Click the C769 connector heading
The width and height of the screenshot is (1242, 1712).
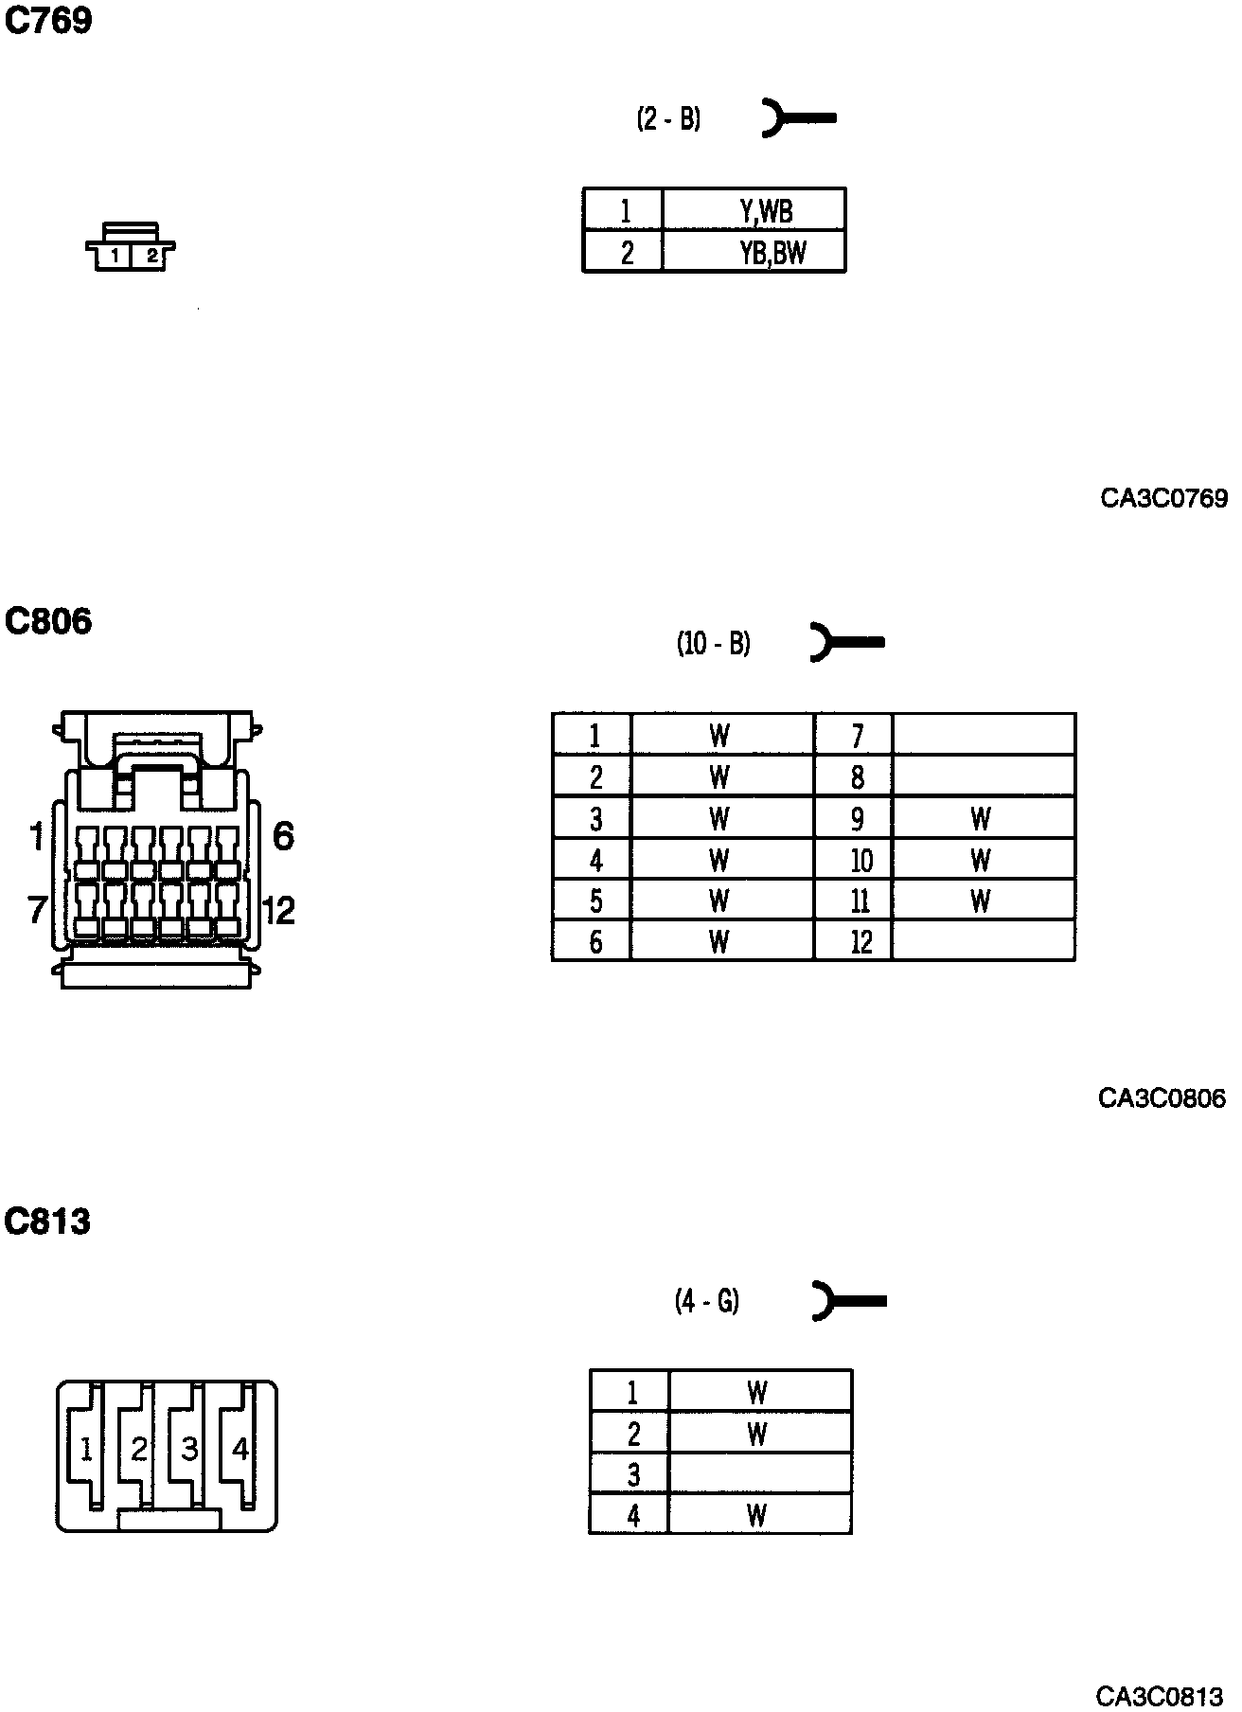(48, 20)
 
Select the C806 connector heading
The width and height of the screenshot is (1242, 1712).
(48, 621)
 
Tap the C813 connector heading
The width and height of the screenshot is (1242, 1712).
(47, 1222)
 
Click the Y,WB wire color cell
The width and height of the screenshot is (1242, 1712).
(754, 210)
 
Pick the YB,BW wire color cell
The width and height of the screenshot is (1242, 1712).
(754, 253)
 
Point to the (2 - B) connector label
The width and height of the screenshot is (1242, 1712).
(668, 119)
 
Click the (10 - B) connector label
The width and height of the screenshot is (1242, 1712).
(713, 644)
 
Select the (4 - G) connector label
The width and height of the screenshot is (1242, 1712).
(706, 1301)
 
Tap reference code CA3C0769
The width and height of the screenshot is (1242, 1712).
(1163, 498)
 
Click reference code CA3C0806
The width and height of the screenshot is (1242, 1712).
(1162, 1098)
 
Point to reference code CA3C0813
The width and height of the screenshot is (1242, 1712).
(1160, 1695)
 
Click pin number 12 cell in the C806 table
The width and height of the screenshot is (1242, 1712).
(861, 942)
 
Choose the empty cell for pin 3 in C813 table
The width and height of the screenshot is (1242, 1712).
(759, 1474)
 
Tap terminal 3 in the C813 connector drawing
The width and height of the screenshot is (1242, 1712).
(189, 1449)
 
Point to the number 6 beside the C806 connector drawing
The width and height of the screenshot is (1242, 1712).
(283, 836)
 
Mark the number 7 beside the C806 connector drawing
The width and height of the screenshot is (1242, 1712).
(37, 910)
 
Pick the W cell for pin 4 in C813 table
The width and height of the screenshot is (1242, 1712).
(757, 1515)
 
